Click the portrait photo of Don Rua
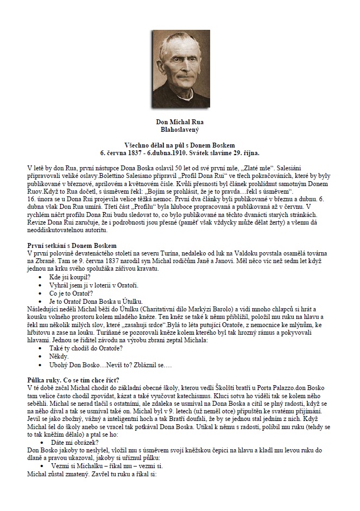180,68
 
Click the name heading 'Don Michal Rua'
180,123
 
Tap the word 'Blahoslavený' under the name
180,130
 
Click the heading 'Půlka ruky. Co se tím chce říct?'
73,379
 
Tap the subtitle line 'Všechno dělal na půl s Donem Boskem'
180,145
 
